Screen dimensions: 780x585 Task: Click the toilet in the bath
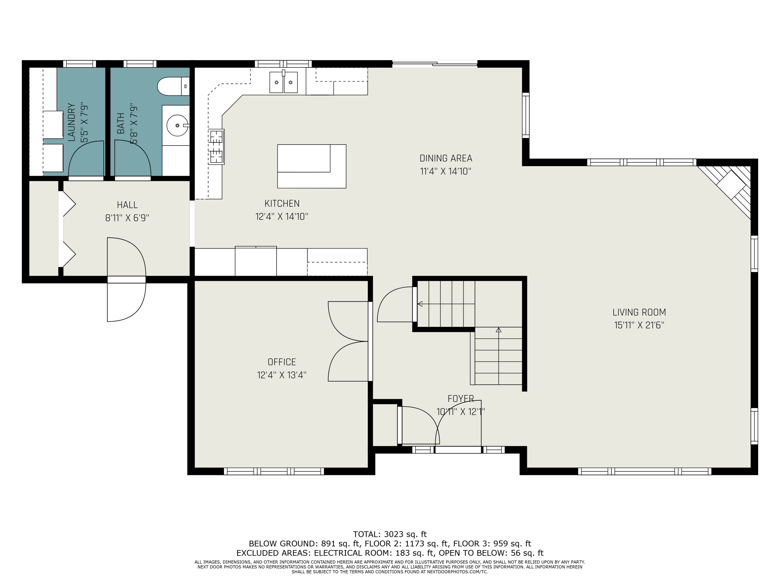[173, 86]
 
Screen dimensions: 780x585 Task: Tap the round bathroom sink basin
[177, 125]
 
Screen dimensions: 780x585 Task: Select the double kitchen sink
[283, 82]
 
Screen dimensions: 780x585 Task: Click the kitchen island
[312, 166]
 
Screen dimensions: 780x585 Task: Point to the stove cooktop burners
[216, 147]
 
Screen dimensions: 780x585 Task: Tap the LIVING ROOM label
[639, 312]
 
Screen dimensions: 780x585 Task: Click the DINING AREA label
[446, 158]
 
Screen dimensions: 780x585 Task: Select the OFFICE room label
[282, 362]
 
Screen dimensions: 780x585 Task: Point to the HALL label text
[127, 205]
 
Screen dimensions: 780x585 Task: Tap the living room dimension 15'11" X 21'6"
[639, 325]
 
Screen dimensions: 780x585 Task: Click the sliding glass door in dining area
[435, 64]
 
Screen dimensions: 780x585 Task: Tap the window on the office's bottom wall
[274, 471]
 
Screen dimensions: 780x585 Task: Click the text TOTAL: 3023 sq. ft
[390, 534]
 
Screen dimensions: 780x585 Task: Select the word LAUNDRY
[71, 122]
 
